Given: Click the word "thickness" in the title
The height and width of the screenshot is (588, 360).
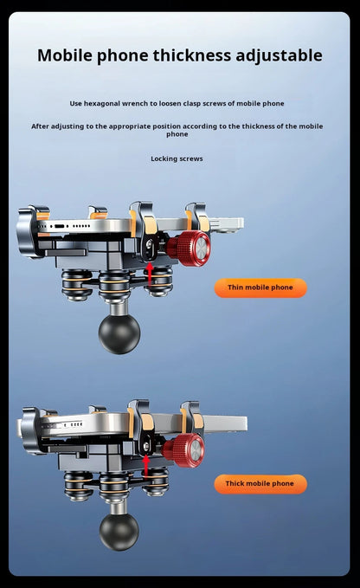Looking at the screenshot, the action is [192, 55].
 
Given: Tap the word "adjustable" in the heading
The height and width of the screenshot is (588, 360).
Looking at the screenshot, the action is [279, 56].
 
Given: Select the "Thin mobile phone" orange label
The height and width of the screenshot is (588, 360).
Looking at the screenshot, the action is [260, 288].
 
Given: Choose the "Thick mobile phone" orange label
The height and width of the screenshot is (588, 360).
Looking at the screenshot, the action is [260, 484].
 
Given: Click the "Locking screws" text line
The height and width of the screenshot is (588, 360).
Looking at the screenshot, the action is [177, 158].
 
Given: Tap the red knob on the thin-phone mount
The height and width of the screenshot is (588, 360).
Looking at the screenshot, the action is [189, 249].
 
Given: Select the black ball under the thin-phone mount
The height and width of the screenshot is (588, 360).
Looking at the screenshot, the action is [119, 333].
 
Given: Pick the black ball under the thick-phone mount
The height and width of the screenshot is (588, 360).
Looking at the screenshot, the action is [119, 531].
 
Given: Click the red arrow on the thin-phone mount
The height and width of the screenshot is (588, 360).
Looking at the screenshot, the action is [150, 275].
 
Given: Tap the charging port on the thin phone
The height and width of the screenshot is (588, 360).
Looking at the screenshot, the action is [60, 226].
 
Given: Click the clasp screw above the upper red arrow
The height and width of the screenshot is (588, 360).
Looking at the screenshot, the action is [149, 244].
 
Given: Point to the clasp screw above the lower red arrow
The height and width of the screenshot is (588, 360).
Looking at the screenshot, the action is [146, 446].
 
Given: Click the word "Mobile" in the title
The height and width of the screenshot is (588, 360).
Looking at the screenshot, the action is [65, 55].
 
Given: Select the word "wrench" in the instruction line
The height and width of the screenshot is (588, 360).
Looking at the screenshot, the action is [134, 104].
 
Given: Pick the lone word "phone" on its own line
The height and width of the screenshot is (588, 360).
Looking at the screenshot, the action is [177, 134].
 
